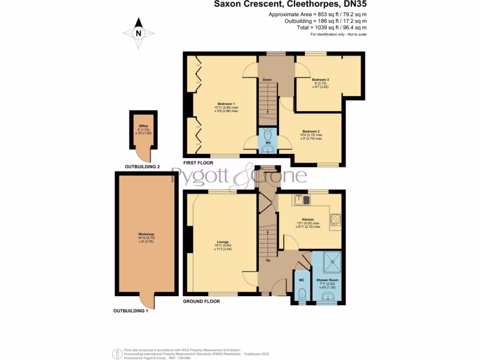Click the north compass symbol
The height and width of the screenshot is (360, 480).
(x=138, y=33)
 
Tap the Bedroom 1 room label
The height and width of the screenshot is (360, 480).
(x=226, y=104)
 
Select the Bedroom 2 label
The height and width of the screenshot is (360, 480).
(x=311, y=131)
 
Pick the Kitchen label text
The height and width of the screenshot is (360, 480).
(x=307, y=219)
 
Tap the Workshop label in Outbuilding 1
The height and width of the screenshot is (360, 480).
(x=146, y=234)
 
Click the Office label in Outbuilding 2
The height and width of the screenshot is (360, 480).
(x=143, y=126)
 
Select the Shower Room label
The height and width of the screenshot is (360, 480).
(x=327, y=280)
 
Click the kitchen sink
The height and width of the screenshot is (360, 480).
(x=302, y=200)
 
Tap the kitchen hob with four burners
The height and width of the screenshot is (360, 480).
(x=336, y=220)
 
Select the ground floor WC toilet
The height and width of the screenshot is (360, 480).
(x=302, y=293)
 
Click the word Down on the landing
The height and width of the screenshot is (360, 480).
(x=267, y=80)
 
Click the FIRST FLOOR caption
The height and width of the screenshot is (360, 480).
(x=198, y=163)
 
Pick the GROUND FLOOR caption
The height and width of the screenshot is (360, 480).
(x=201, y=301)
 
